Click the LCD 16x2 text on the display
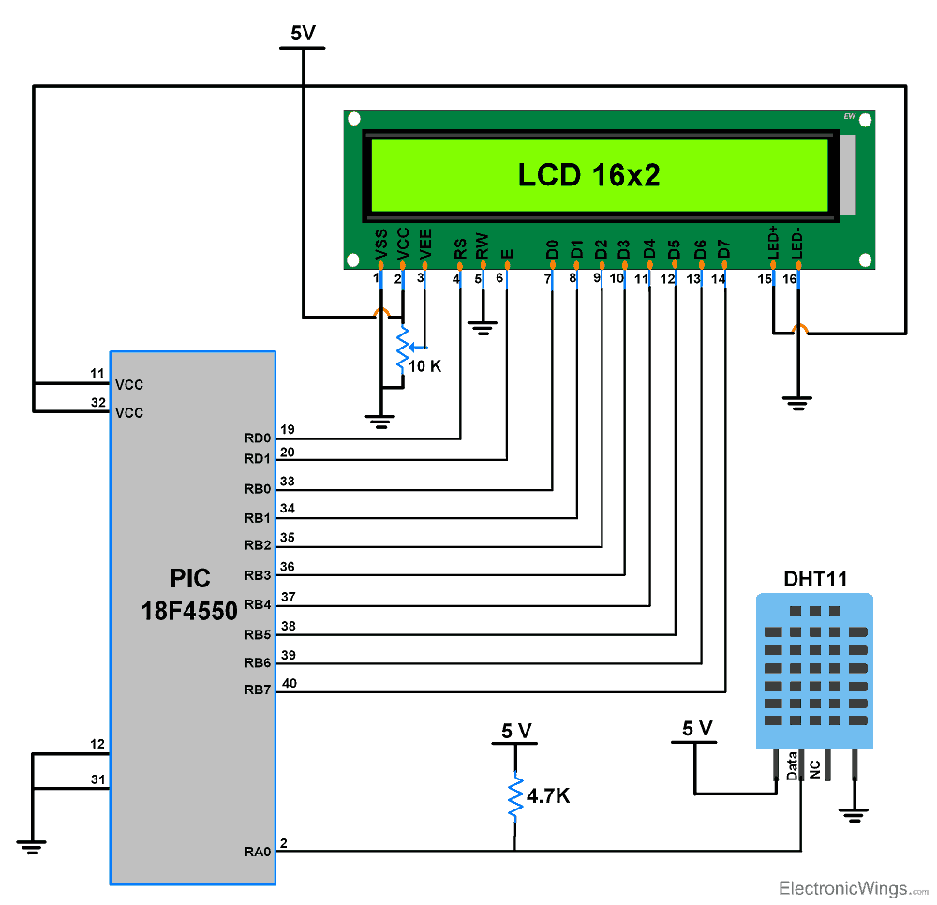tap(589, 175)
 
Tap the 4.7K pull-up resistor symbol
tap(514, 797)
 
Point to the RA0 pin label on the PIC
tap(258, 852)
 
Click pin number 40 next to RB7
tap(290, 683)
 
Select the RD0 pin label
tap(258, 438)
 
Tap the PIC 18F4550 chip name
tap(189, 594)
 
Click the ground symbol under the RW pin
tap(483, 328)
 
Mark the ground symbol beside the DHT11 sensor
tap(854, 815)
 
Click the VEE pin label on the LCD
tap(426, 244)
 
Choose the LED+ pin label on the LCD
tap(773, 242)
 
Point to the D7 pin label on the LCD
tap(723, 249)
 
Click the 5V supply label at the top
tap(303, 34)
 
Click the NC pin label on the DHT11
tap(815, 769)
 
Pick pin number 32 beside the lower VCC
tap(97, 402)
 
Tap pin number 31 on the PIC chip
tap(97, 779)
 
